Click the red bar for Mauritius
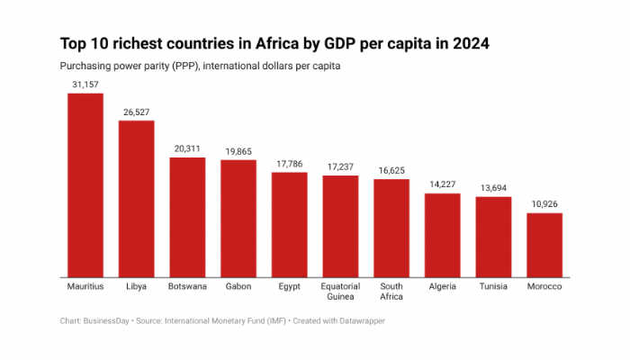pyautogui.click(x=85, y=184)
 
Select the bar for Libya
pyautogui.click(x=137, y=198)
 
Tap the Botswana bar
pyautogui.click(x=187, y=217)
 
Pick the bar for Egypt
pyautogui.click(x=290, y=224)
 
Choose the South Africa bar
pyautogui.click(x=391, y=228)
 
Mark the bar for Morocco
pyautogui.click(x=544, y=245)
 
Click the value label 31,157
pyautogui.click(x=85, y=84)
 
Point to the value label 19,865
pyautogui.click(x=238, y=151)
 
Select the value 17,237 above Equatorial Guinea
pyautogui.click(x=341, y=166)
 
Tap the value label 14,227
pyautogui.click(x=443, y=184)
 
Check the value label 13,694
pyautogui.click(x=494, y=188)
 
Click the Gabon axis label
pyautogui.click(x=238, y=286)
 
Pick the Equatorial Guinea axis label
pyautogui.click(x=341, y=292)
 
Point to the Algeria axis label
pyautogui.click(x=443, y=286)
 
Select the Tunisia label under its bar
pyautogui.click(x=494, y=286)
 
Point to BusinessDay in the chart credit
pyautogui.click(x=108, y=319)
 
